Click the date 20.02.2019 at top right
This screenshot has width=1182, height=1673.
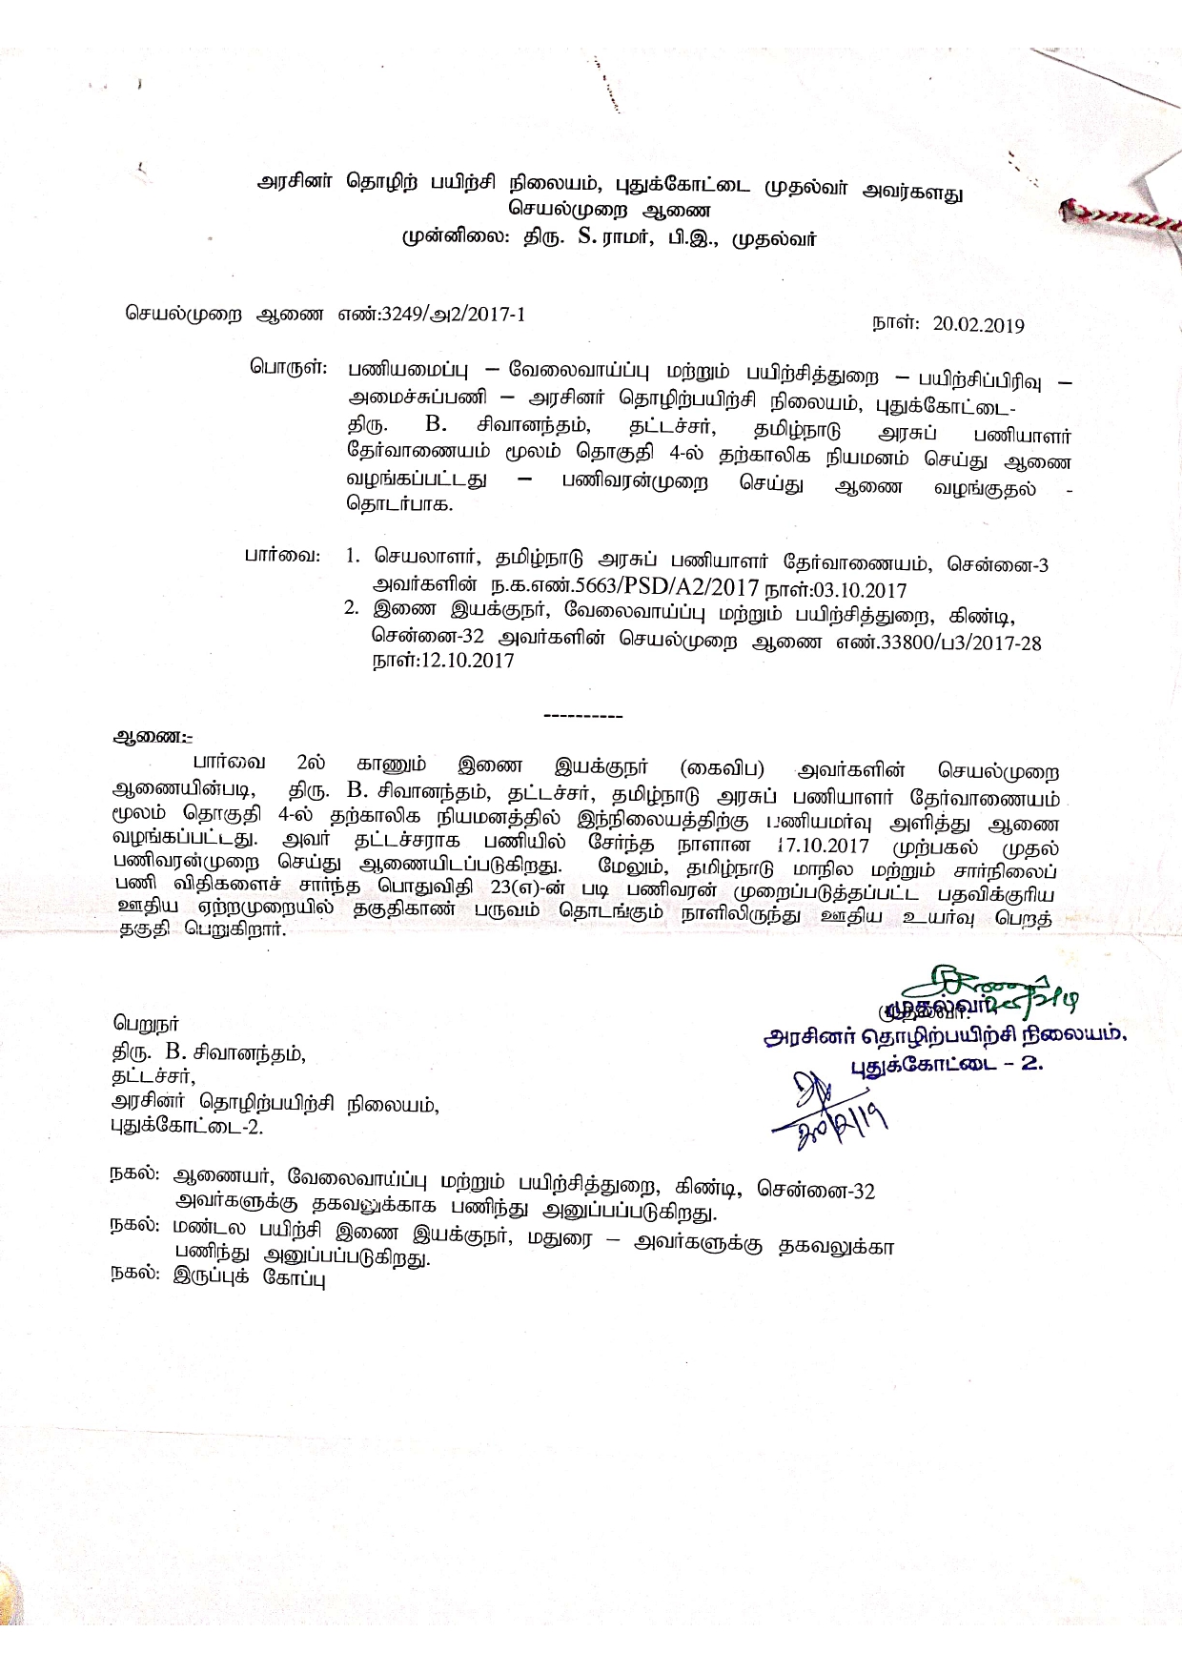pos(979,325)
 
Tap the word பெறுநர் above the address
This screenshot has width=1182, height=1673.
pos(146,1026)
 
